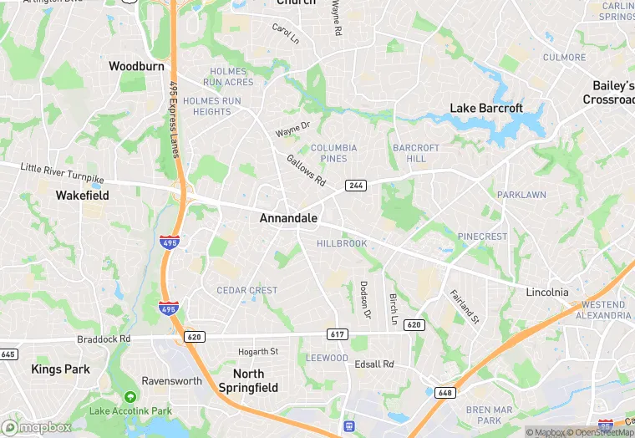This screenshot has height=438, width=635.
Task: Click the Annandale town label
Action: click(x=288, y=218)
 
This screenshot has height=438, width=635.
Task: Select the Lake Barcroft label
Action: click(x=486, y=108)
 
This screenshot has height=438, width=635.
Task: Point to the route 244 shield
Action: click(x=356, y=186)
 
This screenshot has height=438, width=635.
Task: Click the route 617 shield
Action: click(x=338, y=334)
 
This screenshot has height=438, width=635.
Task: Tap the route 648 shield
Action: click(x=445, y=392)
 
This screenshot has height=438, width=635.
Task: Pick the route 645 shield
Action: click(x=8, y=354)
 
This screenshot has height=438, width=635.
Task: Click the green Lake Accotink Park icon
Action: click(x=130, y=396)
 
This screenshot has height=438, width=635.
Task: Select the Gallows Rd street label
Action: click(x=305, y=170)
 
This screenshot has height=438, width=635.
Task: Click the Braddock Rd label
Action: click(x=104, y=339)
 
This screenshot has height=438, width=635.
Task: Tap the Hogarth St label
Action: click(x=257, y=351)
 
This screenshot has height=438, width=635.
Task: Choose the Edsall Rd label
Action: click(x=373, y=364)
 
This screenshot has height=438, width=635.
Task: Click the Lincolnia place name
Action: click(x=547, y=292)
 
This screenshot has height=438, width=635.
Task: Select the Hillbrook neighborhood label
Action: click(x=342, y=243)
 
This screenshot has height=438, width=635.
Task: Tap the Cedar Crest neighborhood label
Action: click(x=246, y=290)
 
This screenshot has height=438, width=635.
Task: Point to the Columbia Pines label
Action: click(x=333, y=153)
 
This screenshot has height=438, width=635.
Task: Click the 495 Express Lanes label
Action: click(x=175, y=119)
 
